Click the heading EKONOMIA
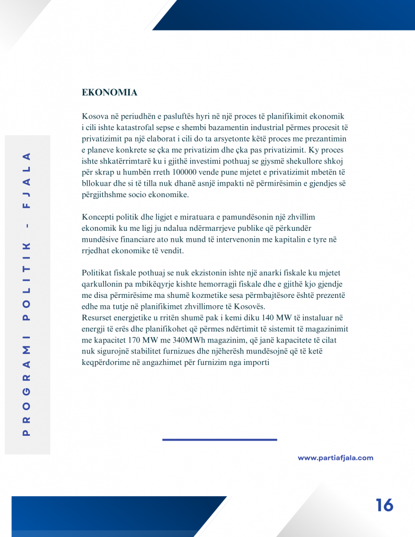(110, 93)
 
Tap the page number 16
(384, 505)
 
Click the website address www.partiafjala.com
(335, 458)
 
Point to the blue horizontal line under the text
(219, 439)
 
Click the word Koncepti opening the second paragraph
(99, 217)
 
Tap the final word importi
(256, 362)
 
